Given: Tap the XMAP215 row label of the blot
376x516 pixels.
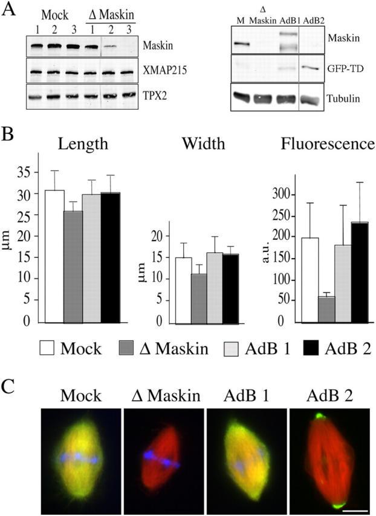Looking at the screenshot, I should click(163, 71).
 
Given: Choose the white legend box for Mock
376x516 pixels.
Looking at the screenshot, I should click(49, 348).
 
